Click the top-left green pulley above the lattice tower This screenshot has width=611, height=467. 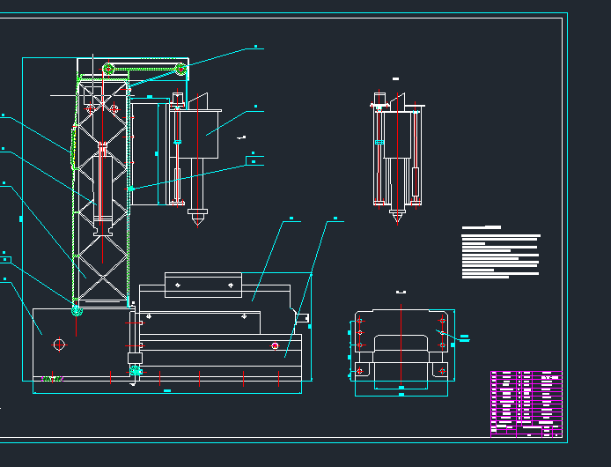coord(109,69)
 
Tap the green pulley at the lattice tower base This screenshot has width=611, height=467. coord(77,310)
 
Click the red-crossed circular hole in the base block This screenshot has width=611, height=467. coord(60,344)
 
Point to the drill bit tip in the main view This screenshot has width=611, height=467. coord(197,222)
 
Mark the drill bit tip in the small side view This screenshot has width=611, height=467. coord(398,217)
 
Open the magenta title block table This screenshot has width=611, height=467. coord(526,403)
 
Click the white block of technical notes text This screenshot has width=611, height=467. coord(499,255)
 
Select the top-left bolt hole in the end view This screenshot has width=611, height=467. coord(359,319)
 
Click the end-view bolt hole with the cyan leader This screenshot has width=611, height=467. coord(442,333)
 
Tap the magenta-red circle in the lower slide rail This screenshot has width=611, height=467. coord(275,345)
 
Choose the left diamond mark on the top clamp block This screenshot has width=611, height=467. coord(179,285)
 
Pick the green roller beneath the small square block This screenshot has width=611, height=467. coord(135,371)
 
